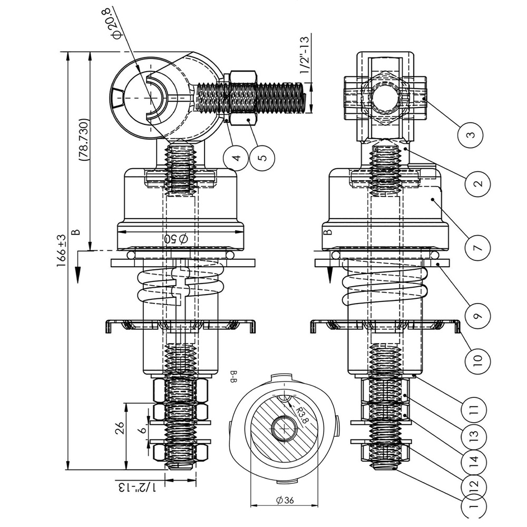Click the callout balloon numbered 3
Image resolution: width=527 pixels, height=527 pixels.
click(x=471, y=135)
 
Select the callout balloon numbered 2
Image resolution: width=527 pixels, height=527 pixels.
click(x=478, y=183)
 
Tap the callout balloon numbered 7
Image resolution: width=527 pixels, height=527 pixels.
click(x=478, y=248)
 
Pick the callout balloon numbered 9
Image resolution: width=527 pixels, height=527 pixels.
click(x=478, y=315)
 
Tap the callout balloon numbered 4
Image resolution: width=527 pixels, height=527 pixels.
click(x=236, y=158)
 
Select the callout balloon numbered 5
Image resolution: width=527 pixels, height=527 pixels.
click(x=262, y=158)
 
